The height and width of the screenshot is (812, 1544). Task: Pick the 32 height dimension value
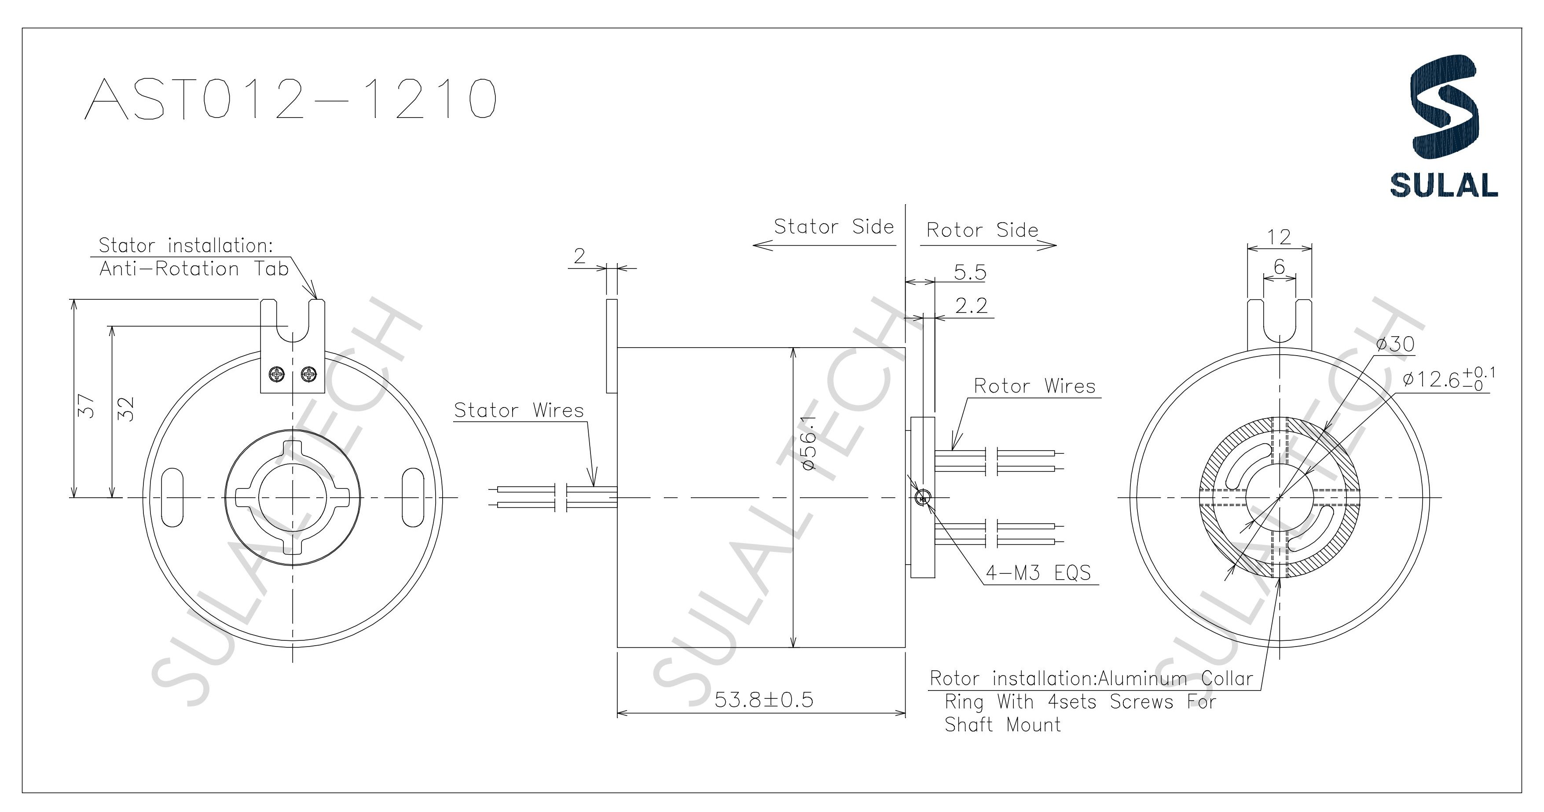point(126,409)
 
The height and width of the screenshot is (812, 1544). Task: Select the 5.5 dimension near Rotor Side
point(970,273)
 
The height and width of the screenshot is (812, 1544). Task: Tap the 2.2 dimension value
point(971,306)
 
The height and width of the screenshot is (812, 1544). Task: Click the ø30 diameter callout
point(1395,344)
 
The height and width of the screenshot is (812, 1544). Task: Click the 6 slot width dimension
point(1279,267)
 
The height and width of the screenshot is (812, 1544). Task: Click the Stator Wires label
point(518,411)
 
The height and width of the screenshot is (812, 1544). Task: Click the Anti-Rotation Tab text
point(194,268)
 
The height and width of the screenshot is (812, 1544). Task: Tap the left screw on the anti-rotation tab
point(277,375)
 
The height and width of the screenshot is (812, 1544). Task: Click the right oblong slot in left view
point(412,497)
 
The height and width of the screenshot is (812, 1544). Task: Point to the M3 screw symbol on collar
point(923,496)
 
